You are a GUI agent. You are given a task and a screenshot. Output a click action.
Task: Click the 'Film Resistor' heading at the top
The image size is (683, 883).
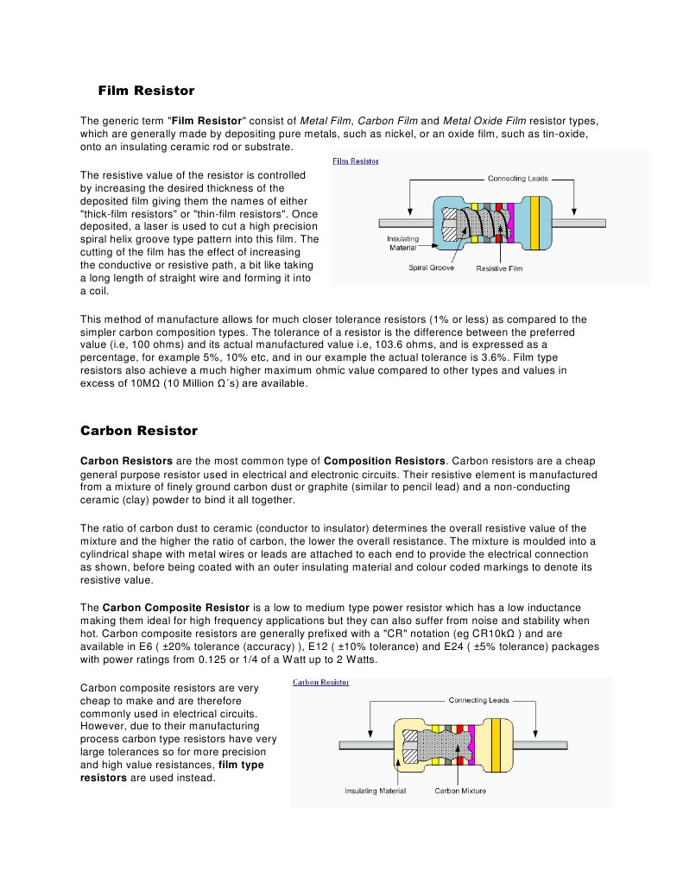click(x=146, y=91)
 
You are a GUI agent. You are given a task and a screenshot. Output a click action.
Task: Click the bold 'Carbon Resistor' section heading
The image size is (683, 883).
click(x=139, y=431)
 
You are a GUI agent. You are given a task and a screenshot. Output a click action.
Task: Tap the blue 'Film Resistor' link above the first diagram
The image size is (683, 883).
click(x=356, y=161)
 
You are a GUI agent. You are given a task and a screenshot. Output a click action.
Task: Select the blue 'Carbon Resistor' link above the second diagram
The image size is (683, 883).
click(x=320, y=682)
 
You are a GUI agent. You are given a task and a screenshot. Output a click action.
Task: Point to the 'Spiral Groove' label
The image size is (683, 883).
click(x=431, y=268)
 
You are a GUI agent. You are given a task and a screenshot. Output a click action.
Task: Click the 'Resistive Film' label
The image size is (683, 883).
click(x=499, y=268)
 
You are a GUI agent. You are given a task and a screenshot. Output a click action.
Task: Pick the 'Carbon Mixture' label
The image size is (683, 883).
click(x=460, y=791)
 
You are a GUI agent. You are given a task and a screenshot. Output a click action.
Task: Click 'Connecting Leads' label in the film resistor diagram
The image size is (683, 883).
click(x=519, y=179)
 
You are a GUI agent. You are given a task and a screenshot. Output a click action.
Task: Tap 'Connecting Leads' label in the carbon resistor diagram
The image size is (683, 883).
click(x=479, y=700)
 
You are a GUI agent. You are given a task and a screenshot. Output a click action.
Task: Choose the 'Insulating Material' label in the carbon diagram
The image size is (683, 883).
click(x=375, y=791)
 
